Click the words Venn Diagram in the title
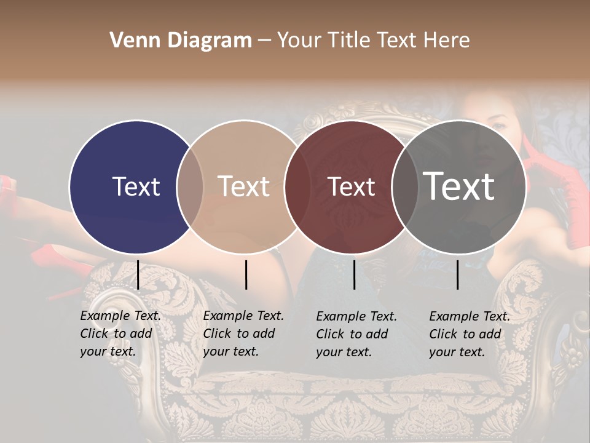tap(181, 41)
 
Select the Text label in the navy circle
tap(136, 186)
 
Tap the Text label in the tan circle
tap(244, 186)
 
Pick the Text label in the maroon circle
tap(352, 186)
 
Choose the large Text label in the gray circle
tap(459, 186)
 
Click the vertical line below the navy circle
tap(138, 274)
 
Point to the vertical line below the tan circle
tap(246, 274)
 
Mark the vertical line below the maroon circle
tap(354, 274)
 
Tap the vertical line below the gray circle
tap(458, 274)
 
